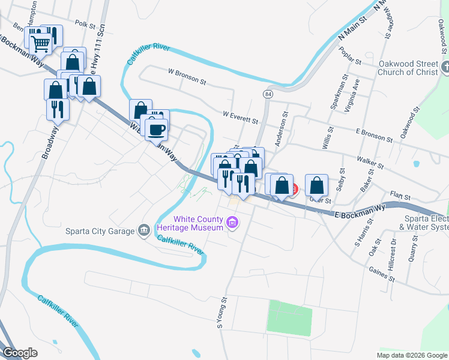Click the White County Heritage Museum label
pyautogui.click(x=190, y=223)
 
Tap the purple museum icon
pyautogui.click(x=233, y=224)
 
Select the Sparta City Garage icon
pyautogui.click(x=143, y=230)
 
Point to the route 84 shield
pyautogui.click(x=267, y=95)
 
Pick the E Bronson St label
pyautogui.click(x=373, y=135)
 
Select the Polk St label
pyautogui.click(x=86, y=24)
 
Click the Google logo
pyautogui.click(x=20, y=353)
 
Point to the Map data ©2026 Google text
pyautogui.click(x=412, y=355)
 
